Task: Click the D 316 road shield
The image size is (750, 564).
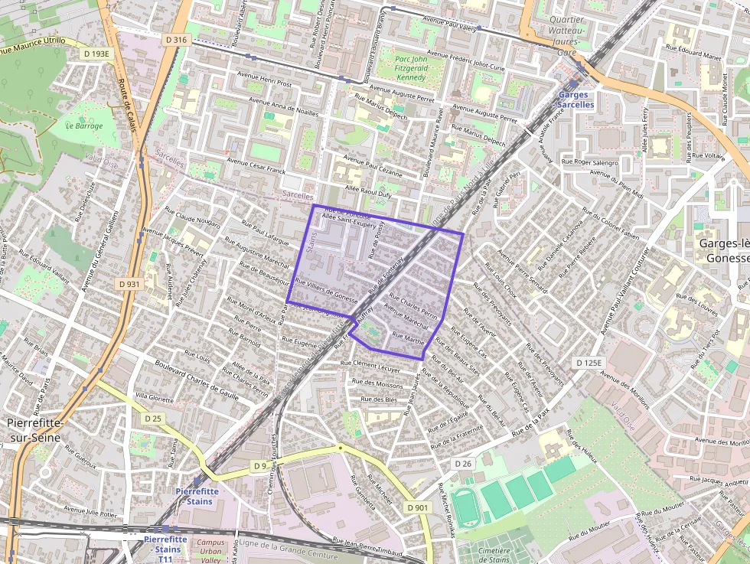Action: pos(176,40)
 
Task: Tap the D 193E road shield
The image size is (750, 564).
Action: pos(97,54)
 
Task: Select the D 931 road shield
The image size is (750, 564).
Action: pos(130,284)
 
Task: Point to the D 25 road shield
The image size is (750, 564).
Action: pos(153,418)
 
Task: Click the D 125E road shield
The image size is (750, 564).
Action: pos(590,362)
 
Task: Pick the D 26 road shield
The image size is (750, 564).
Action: pos(463,464)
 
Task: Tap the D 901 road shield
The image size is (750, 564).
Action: pos(418,507)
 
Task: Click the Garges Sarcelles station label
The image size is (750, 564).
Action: pos(575,99)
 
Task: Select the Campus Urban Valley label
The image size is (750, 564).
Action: pos(210,551)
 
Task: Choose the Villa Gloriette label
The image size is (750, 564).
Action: pos(155,397)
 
